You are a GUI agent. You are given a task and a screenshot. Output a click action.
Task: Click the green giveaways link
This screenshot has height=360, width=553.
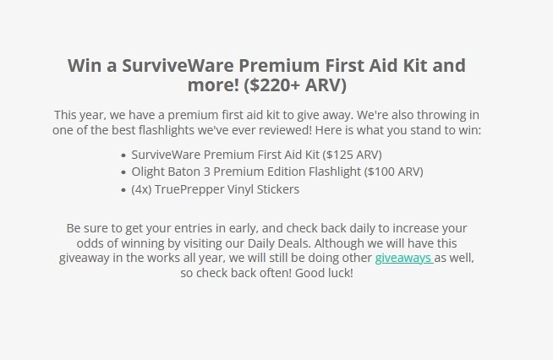404,258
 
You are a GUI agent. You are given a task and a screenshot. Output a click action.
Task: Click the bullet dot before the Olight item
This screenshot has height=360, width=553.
123,172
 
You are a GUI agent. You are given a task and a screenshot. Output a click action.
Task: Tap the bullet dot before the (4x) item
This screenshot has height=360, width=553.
123,190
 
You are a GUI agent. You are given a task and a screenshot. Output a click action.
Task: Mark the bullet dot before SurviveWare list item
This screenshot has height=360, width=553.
123,155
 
